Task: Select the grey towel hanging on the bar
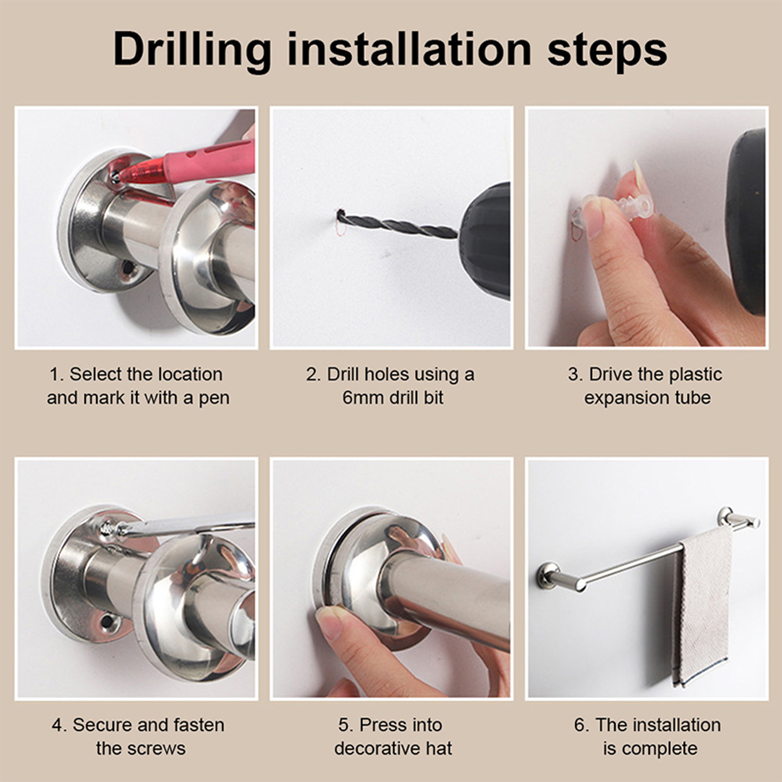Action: [702, 606]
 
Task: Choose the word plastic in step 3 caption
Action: [695, 374]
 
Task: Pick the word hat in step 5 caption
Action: [439, 748]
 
